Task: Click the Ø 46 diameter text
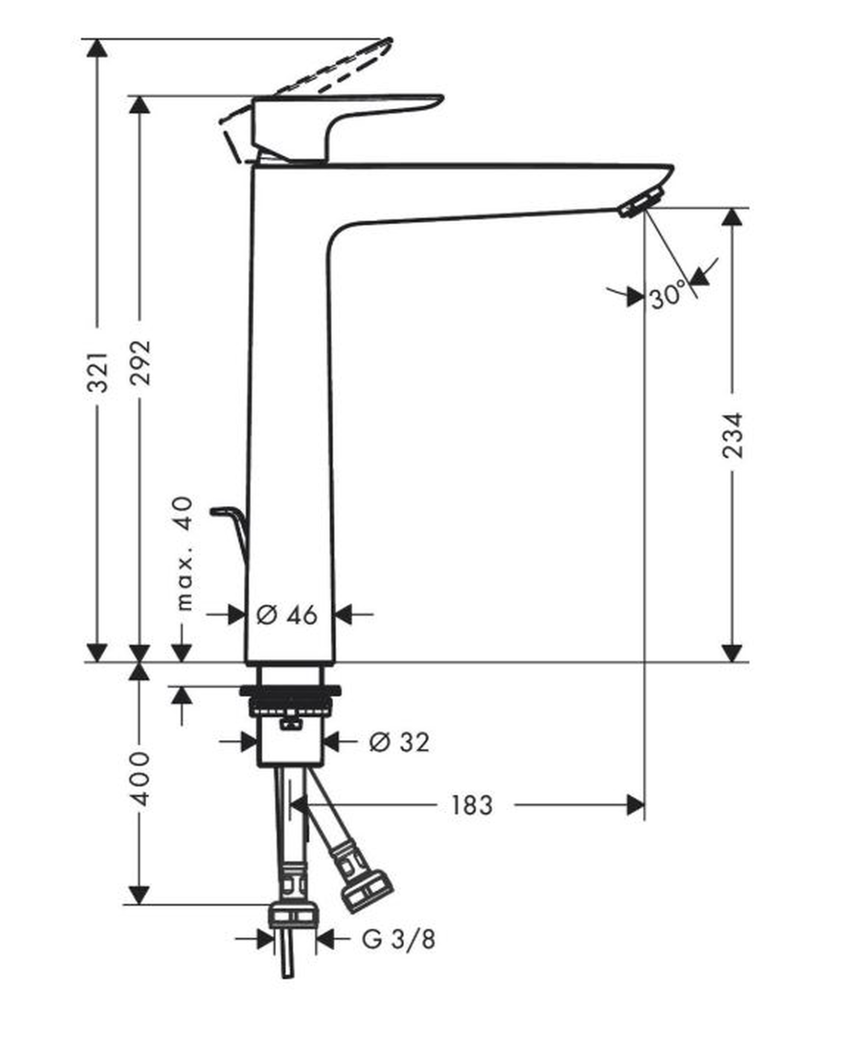[287, 615]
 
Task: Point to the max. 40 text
[184, 553]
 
